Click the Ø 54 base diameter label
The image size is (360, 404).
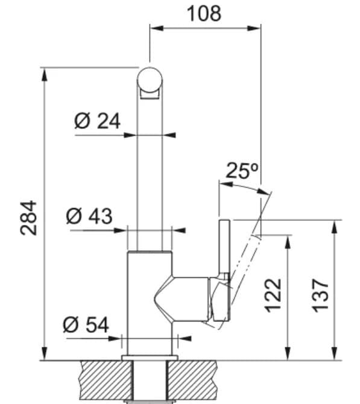click(86, 325)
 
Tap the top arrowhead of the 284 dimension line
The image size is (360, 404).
click(45, 74)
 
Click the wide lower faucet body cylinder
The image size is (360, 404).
click(150, 301)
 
